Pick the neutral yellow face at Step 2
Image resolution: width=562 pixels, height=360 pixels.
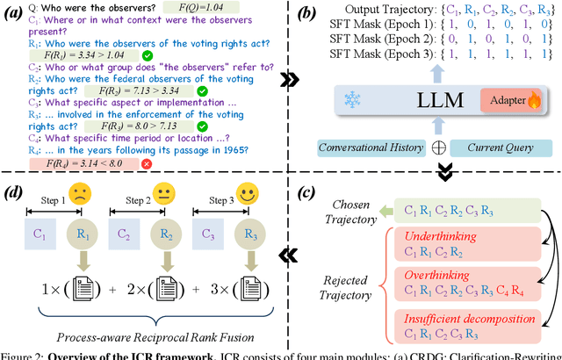pyautogui.click(x=164, y=193)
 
